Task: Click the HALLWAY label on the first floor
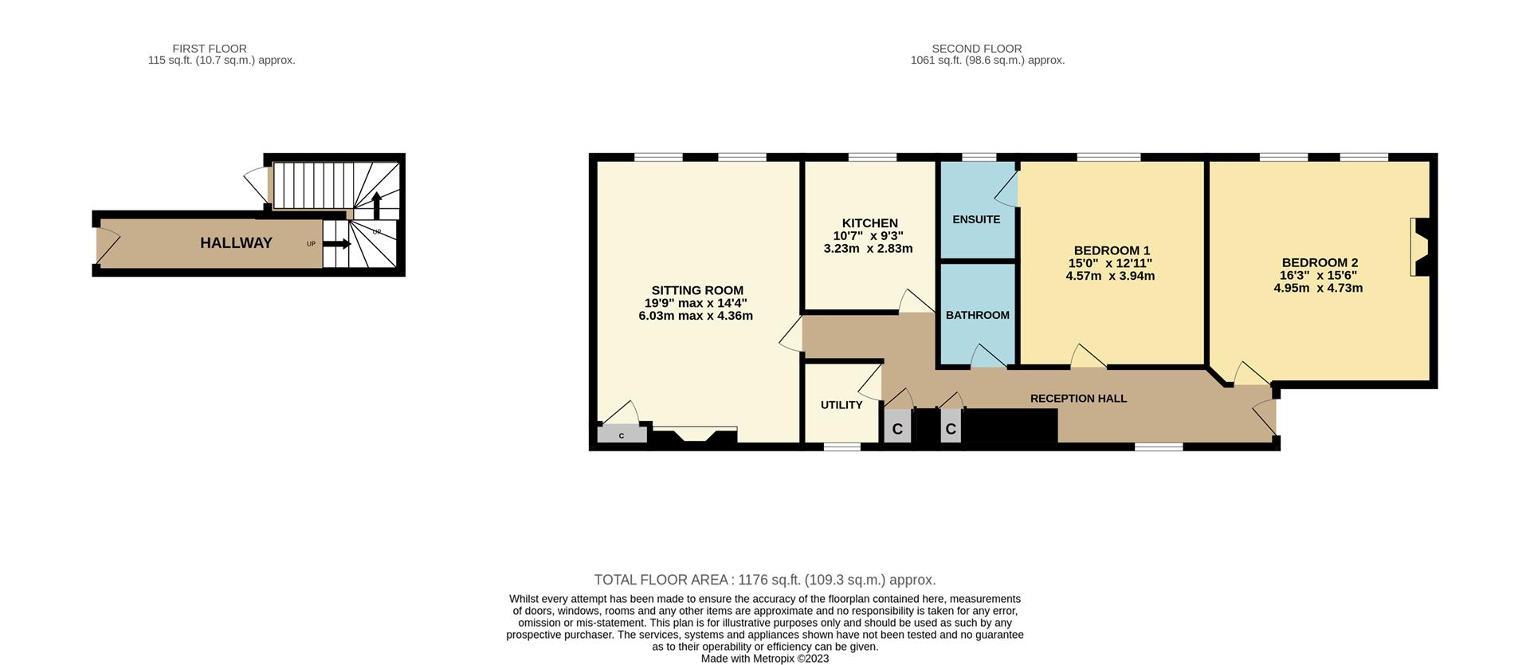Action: click(x=236, y=243)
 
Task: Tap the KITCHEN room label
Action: click(x=869, y=223)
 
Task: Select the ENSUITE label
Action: click(x=976, y=219)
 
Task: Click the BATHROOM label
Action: click(x=977, y=315)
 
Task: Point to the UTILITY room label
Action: click(x=841, y=405)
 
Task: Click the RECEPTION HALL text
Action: click(x=1078, y=399)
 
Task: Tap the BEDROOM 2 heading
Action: click(x=1320, y=262)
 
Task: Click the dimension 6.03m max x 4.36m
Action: click(x=695, y=316)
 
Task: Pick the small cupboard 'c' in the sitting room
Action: click(x=622, y=435)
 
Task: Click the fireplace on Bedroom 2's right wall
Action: click(x=1420, y=247)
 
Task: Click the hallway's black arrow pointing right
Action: click(x=336, y=244)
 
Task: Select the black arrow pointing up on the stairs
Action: click(x=376, y=205)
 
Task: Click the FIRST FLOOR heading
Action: click(x=210, y=49)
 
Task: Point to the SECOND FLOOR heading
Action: click(x=976, y=49)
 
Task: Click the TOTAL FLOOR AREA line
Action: click(x=764, y=580)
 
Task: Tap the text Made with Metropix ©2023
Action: click(x=764, y=659)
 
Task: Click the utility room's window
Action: click(x=841, y=447)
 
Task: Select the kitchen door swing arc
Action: click(x=915, y=301)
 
